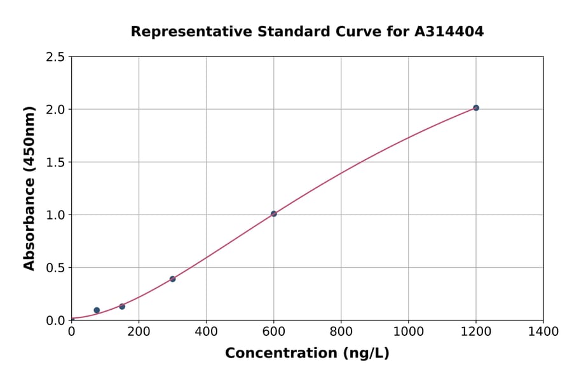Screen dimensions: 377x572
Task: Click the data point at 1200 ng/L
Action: point(475,108)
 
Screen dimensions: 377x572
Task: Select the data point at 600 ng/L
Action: point(273,214)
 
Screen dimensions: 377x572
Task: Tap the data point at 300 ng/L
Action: point(172,279)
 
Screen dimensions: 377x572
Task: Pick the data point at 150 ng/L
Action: point(122,307)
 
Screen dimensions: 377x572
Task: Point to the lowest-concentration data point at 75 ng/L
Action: point(97,310)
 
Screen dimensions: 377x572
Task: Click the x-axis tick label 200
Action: point(139,331)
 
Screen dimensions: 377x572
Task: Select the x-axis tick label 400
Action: point(206,331)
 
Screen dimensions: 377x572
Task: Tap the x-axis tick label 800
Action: point(341,331)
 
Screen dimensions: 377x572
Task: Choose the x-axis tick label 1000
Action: point(408,331)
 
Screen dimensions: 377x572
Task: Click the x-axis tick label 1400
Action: point(543,331)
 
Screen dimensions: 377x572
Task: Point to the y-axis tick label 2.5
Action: point(55,57)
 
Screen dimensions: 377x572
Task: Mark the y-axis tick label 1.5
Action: point(55,162)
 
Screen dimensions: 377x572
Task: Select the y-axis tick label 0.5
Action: point(55,268)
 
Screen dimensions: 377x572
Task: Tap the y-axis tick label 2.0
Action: point(55,110)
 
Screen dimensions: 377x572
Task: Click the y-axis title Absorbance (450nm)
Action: point(29,188)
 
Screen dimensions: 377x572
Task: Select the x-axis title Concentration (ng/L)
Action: point(307,354)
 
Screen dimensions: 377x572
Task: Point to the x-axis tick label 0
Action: point(71,331)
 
